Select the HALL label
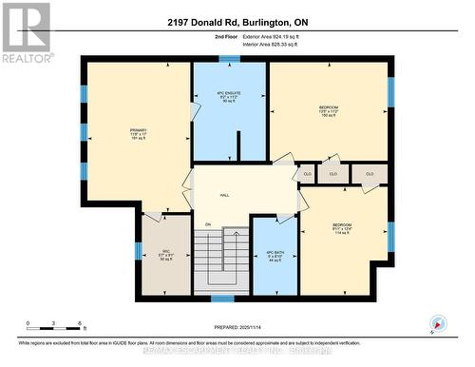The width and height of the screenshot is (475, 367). coord(225,195)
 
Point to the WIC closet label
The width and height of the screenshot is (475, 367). coord(165,253)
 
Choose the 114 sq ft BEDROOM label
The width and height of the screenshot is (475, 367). coord(343,230)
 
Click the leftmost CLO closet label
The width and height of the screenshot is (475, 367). coord(307,174)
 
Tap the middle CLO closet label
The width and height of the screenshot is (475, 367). coord(332,174)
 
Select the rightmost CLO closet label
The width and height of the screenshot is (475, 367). coord(370,174)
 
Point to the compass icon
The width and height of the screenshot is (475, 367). coord(438,323)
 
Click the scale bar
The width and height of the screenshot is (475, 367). coord(54,327)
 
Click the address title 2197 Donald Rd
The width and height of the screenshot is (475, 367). coord(237,23)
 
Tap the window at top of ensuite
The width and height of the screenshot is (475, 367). coord(229,59)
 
